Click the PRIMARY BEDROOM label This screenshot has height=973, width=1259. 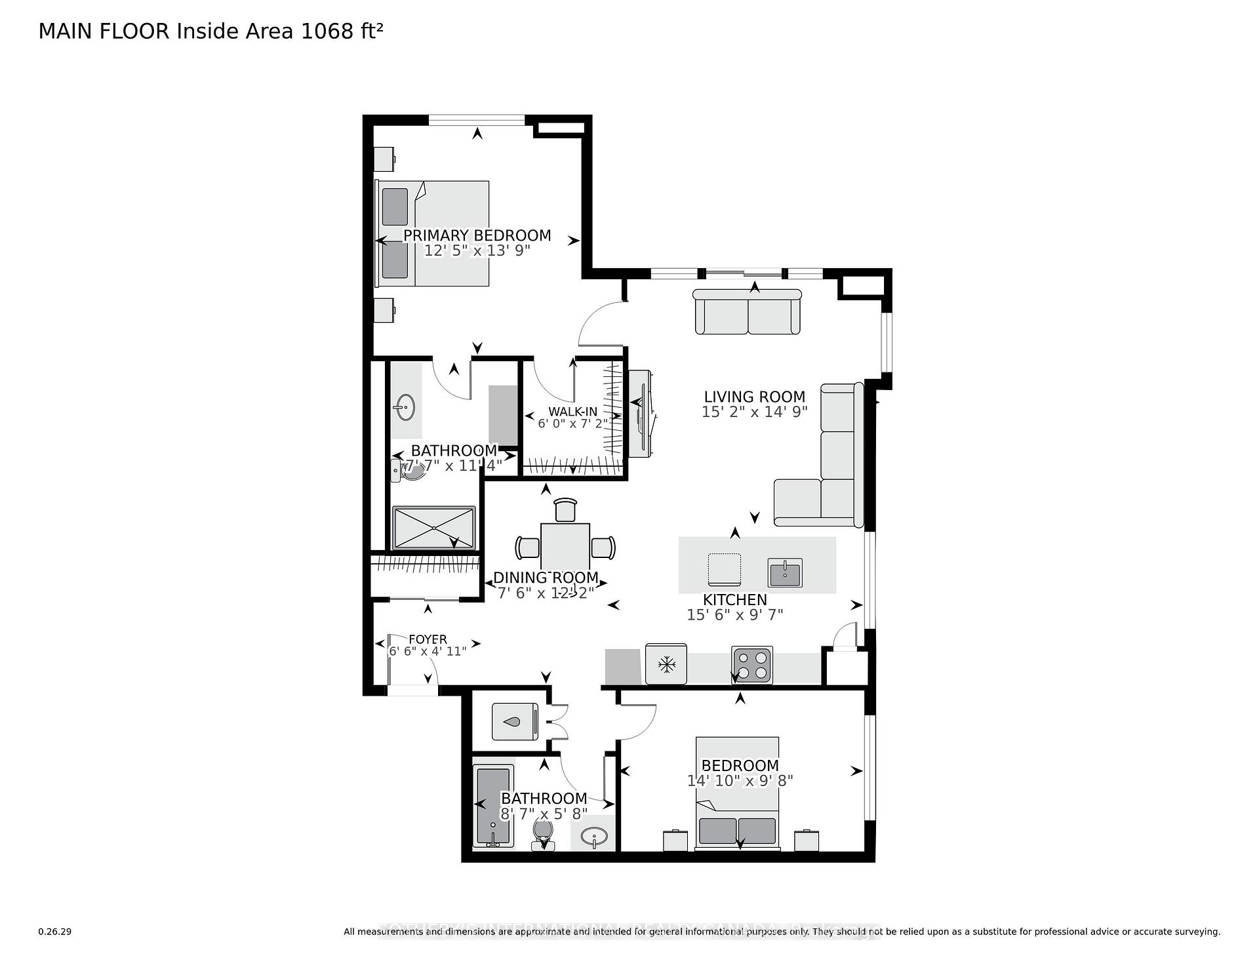pos(477,235)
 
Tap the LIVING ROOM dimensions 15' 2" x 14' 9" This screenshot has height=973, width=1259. pos(754,412)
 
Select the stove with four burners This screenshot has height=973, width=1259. pos(752,665)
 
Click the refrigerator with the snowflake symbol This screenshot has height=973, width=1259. pos(666,665)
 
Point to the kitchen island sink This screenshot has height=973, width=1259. pos(785,573)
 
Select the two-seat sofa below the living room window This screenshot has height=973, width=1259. pos(748,312)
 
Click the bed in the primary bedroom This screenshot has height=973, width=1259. pos(433,233)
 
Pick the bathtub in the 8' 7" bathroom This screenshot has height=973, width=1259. pos(493,807)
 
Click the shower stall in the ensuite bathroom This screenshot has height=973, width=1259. pos(433,527)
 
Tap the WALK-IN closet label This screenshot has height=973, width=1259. pos(572,412)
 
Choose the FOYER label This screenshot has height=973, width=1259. pos(428,639)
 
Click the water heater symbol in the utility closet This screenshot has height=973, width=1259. pos(515,721)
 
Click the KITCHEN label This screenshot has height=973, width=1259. pos(734,599)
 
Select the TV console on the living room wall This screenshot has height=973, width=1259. pos(640,414)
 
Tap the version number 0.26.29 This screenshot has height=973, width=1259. pos(55,932)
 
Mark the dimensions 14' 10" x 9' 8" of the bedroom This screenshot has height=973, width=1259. pos(740,780)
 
